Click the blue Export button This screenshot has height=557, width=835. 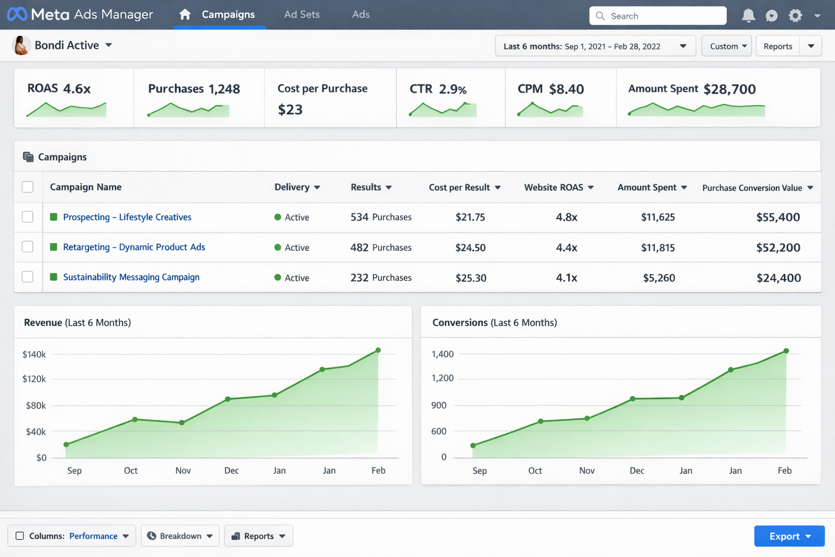pyautogui.click(x=789, y=536)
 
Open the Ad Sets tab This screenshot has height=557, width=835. pyautogui.click(x=302, y=15)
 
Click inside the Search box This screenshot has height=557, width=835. pyautogui.click(x=658, y=16)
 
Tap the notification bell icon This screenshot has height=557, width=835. pyautogui.click(x=748, y=16)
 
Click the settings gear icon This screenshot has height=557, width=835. pyautogui.click(x=795, y=16)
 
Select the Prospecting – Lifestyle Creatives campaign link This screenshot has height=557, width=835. pyautogui.click(x=127, y=217)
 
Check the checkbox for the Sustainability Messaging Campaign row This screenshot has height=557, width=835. pyautogui.click(x=28, y=277)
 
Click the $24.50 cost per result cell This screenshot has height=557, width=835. pyautogui.click(x=470, y=247)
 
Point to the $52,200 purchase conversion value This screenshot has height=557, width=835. pyautogui.click(x=778, y=247)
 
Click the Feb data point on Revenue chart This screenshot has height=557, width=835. pyautogui.click(x=378, y=350)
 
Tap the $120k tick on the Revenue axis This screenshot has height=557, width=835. pyautogui.click(x=34, y=379)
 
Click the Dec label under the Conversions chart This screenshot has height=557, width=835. pyautogui.click(x=637, y=471)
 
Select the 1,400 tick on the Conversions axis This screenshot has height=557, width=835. pyautogui.click(x=442, y=354)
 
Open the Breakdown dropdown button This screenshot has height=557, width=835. pyautogui.click(x=180, y=536)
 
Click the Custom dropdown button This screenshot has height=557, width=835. pyautogui.click(x=727, y=46)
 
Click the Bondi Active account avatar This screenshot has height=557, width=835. pyautogui.click(x=21, y=45)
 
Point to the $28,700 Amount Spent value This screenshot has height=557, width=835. pyautogui.click(x=730, y=89)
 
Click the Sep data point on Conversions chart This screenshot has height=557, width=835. pyautogui.click(x=473, y=445)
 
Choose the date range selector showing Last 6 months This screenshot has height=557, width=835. pyautogui.click(x=595, y=46)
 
